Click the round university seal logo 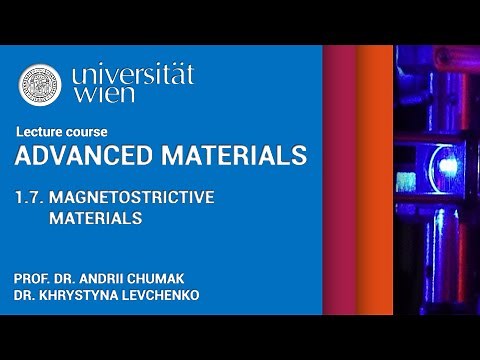coord(40,86)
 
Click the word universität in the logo coord(133,76)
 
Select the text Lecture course coord(62,132)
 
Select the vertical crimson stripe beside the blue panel coord(340,180)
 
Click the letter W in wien coord(83,102)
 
